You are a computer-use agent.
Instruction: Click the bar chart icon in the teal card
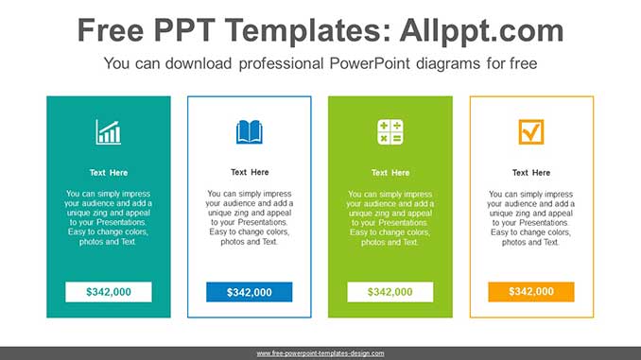(109, 132)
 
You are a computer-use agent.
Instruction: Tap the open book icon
(250, 132)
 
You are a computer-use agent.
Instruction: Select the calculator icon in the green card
(390, 132)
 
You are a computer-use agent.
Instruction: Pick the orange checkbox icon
(531, 132)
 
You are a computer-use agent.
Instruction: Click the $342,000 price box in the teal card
(109, 292)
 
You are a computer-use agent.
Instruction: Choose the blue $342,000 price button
(250, 292)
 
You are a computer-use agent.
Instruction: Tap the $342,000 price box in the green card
(390, 292)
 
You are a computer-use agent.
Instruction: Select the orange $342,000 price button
(531, 292)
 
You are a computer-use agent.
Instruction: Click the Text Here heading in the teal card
(109, 173)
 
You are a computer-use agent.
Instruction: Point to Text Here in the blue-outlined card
(250, 173)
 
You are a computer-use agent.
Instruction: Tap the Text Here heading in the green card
(390, 173)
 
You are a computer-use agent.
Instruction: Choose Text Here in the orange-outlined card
(531, 173)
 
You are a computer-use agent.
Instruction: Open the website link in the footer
(320, 353)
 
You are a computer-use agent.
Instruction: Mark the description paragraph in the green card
(390, 217)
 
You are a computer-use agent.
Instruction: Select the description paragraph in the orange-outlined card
(531, 217)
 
